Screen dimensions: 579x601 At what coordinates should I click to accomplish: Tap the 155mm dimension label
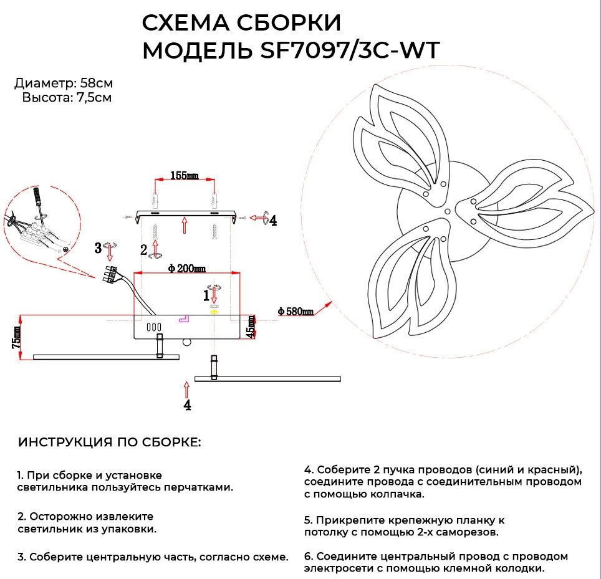tap(184, 176)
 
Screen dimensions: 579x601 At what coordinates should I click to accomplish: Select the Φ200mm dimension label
tap(187, 269)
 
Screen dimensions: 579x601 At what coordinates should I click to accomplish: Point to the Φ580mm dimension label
tap(296, 311)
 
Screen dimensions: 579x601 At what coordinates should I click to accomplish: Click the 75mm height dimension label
tap(17, 339)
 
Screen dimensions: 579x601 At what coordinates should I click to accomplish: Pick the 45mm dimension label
tap(251, 326)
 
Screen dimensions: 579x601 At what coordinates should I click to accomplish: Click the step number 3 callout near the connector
tap(98, 248)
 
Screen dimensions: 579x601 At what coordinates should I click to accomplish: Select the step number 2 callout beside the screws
tap(145, 251)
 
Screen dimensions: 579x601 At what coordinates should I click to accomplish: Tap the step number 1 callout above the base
tap(206, 295)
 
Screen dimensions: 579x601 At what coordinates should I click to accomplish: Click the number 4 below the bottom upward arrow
tap(187, 406)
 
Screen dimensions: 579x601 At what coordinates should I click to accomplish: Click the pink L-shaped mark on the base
tap(185, 318)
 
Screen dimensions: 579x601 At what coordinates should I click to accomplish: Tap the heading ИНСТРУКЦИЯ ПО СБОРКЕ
tap(110, 443)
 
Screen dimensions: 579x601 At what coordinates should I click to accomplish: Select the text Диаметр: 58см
tap(64, 84)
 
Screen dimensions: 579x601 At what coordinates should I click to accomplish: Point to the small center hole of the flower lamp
tap(448, 212)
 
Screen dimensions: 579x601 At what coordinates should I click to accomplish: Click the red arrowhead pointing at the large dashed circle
tap(327, 305)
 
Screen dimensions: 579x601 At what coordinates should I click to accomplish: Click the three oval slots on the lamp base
tap(153, 327)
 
